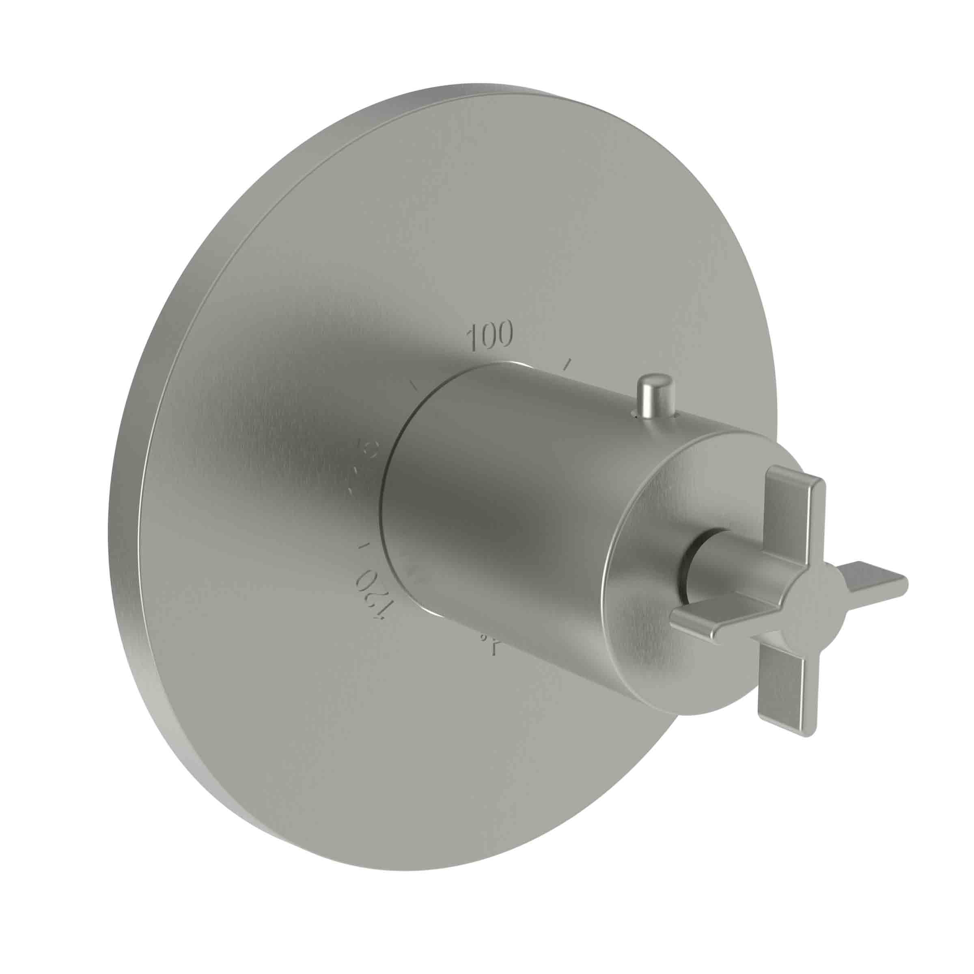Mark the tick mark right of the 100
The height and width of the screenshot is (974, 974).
coord(568,364)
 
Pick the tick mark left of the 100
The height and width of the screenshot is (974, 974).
coord(414,385)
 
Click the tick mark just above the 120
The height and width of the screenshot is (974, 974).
coord(362,545)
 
